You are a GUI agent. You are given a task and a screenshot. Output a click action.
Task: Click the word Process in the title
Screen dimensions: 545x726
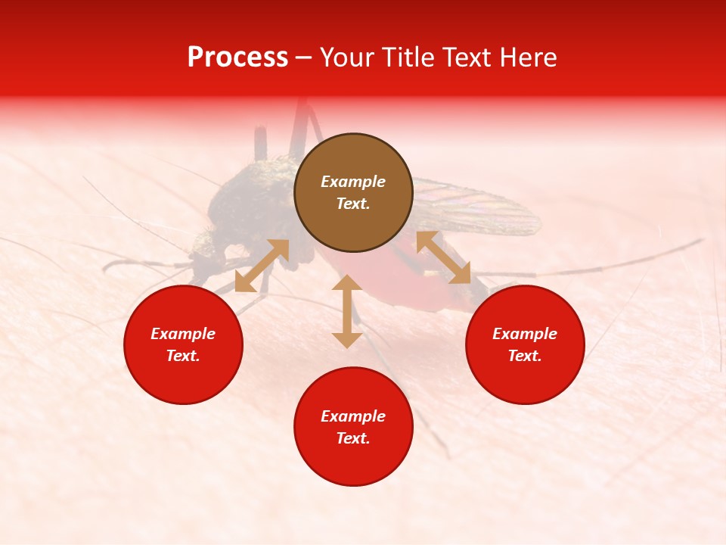(x=237, y=58)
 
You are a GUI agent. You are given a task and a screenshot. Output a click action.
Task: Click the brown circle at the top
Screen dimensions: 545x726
(x=353, y=192)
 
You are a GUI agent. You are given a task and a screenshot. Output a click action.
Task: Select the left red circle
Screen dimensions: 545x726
(x=183, y=344)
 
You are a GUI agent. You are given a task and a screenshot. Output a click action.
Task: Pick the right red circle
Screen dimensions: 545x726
(x=525, y=344)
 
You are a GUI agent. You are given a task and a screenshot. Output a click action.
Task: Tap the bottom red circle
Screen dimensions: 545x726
(x=353, y=427)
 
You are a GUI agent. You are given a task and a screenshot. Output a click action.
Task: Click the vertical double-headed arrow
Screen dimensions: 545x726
(x=347, y=311)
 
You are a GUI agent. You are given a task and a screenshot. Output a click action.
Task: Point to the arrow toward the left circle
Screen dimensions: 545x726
(x=262, y=266)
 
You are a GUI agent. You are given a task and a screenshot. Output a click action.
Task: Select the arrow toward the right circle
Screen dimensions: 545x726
(x=443, y=257)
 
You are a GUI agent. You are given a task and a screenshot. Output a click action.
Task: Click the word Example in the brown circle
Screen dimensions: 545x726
(x=353, y=182)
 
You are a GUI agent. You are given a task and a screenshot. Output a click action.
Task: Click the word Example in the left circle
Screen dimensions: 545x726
(x=183, y=334)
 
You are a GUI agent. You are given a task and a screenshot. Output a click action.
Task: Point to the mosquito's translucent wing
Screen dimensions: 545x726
(x=484, y=208)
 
